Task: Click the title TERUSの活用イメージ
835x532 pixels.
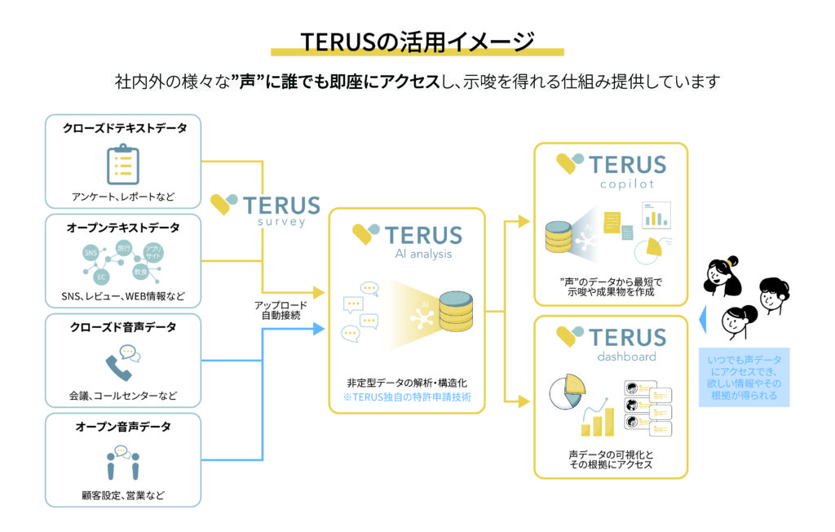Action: pos(417,41)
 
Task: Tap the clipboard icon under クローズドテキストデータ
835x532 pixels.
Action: pos(122,163)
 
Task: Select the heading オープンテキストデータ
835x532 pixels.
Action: pos(122,228)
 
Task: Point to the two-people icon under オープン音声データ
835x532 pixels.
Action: pos(122,462)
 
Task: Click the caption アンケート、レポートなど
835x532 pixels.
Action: pos(122,197)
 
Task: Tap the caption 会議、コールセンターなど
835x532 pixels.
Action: pos(122,397)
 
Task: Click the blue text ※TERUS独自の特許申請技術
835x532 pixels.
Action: pos(407,397)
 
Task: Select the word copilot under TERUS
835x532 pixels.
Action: pos(630,184)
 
